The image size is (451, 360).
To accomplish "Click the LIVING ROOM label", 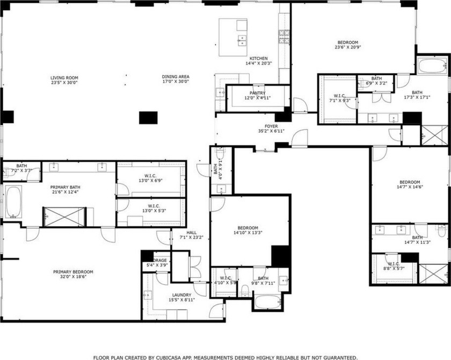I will click(64, 77).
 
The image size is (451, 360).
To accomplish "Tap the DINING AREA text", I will click(176, 77).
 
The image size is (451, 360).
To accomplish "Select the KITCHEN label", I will click(258, 59).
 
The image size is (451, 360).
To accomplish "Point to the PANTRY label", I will click(258, 93).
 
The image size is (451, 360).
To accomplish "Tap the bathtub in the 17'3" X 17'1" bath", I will click(432, 67).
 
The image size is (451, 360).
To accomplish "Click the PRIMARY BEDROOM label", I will click(73, 272).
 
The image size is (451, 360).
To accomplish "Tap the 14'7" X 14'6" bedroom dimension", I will click(409, 188).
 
